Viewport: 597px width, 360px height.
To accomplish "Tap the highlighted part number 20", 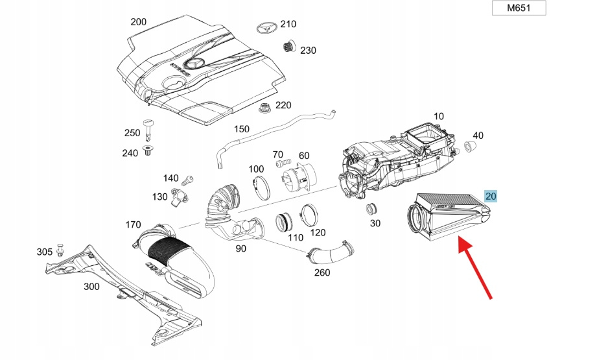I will [491, 197].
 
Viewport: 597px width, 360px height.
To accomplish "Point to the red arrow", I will [476, 267].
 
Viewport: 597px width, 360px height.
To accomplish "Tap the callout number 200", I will [139, 21].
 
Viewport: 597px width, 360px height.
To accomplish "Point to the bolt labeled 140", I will [189, 179].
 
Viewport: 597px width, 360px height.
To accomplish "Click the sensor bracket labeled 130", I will [180, 195].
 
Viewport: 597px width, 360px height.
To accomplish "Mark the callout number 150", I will [241, 129].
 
